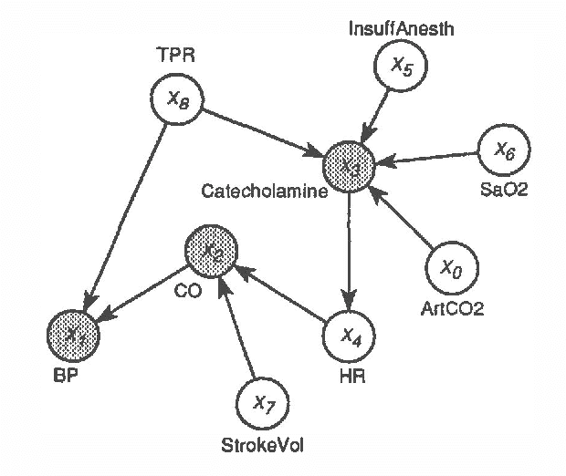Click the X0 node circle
[x=452, y=268]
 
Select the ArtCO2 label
[x=452, y=307]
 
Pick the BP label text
[x=65, y=375]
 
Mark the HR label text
[x=351, y=375]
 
